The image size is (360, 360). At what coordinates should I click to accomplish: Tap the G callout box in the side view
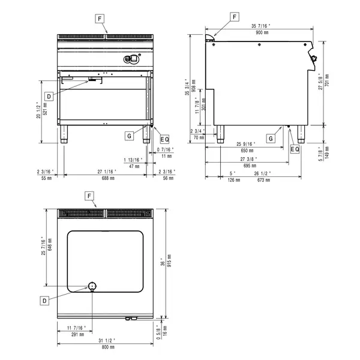coord(271,139)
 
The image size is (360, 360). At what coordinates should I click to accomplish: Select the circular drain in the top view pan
coord(92,285)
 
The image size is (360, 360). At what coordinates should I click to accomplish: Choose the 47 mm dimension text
coord(133,166)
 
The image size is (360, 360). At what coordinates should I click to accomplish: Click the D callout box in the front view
coord(47,95)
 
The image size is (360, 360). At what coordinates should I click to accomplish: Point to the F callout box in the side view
coord(235,17)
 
